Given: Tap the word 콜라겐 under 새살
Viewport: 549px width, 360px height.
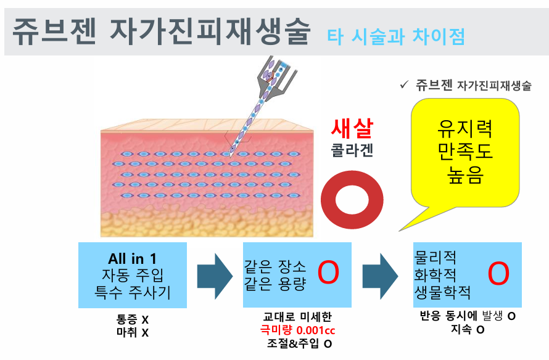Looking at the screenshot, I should point(352,151).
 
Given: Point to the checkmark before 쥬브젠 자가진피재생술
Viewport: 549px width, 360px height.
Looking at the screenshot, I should point(405,85).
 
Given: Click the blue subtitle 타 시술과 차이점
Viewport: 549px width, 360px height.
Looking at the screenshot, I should point(395,36).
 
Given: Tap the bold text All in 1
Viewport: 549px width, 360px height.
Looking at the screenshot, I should point(132,259).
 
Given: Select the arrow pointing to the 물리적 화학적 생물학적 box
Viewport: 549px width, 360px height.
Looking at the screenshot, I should point(379,275).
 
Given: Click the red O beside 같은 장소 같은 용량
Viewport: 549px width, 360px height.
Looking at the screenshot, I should point(328,274).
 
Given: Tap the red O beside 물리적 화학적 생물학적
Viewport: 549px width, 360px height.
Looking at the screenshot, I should point(498,274).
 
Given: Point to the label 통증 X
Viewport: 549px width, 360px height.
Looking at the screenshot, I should point(132,321).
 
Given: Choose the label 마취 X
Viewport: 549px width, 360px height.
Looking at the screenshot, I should point(132,333).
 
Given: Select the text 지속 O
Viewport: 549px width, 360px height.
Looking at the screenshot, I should point(467,330).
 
